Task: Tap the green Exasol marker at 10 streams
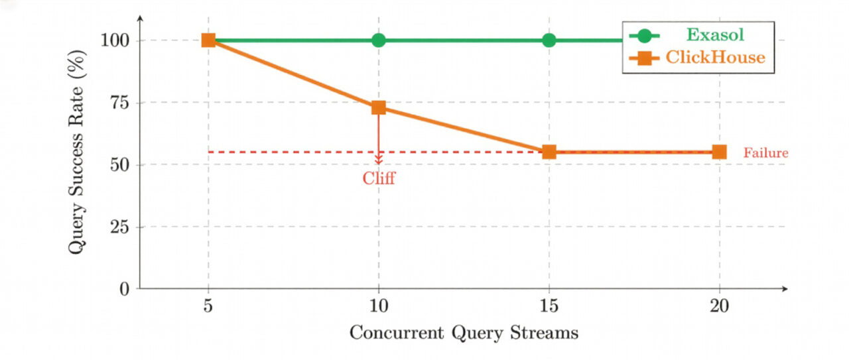pyautogui.click(x=379, y=40)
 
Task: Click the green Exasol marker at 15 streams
pyautogui.click(x=549, y=40)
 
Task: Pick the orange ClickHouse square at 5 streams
pyautogui.click(x=208, y=40)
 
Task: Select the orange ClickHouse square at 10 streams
pyautogui.click(x=379, y=107)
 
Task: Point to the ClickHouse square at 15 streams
pyautogui.click(x=549, y=152)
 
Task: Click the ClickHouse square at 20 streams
pyautogui.click(x=719, y=152)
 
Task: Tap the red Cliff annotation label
pyautogui.click(x=379, y=178)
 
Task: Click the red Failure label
pyautogui.click(x=765, y=153)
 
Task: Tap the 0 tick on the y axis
pyautogui.click(x=124, y=289)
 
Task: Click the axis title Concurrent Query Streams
pyautogui.click(x=464, y=333)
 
